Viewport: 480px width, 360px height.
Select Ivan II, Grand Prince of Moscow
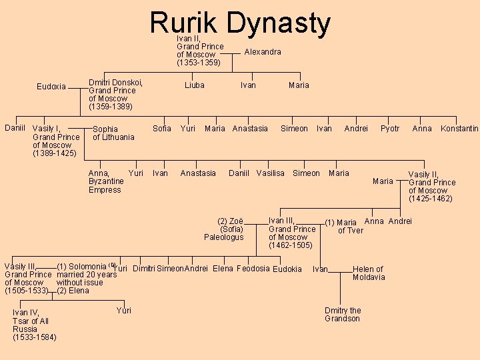pos(199,51)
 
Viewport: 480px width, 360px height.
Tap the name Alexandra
pos(263,52)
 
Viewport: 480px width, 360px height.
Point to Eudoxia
pos(51,87)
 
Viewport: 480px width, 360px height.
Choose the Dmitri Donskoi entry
pos(115,95)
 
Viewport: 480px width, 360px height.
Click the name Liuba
pos(195,85)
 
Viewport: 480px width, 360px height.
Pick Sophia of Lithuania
pos(113,133)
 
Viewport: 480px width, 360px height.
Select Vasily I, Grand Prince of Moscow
pos(55,141)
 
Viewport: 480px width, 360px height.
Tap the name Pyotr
pos(390,129)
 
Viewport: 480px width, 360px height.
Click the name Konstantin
pos(459,129)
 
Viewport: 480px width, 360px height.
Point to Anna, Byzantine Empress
pos(106,181)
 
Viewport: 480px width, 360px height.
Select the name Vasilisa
pos(270,173)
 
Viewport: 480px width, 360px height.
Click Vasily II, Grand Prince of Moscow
pos(431,186)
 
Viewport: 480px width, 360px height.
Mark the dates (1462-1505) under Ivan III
pos(290,245)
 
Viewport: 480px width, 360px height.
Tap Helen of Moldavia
pos(368,273)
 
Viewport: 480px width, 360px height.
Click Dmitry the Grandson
pos(343,314)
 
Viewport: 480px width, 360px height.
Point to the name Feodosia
pos(253,269)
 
